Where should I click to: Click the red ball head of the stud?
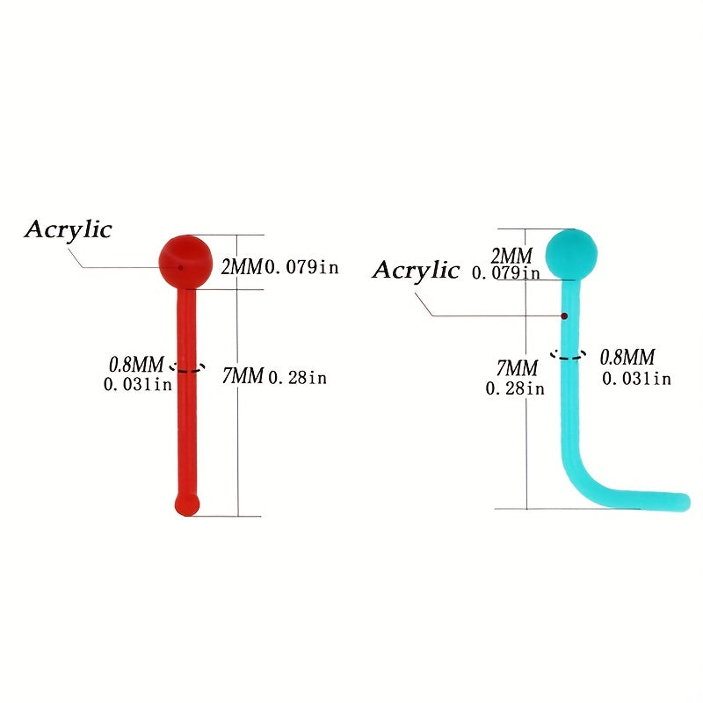(184, 259)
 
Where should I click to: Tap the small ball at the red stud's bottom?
(187, 504)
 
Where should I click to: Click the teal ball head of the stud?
(571, 252)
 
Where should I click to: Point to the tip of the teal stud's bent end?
(683, 502)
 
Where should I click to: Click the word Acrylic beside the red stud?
(69, 230)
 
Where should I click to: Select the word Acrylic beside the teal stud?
(416, 270)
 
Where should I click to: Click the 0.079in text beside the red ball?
(301, 267)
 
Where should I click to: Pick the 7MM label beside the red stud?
(243, 377)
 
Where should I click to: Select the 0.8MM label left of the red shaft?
(136, 363)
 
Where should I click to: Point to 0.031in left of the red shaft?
(138, 384)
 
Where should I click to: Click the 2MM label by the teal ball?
(511, 256)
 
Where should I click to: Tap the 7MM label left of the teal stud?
(517, 368)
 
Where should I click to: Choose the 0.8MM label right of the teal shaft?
(627, 358)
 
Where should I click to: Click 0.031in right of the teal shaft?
(636, 379)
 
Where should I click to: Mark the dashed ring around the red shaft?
(187, 368)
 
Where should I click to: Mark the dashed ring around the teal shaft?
(568, 355)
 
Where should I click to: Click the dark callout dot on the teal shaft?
(564, 315)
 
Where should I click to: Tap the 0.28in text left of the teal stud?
(514, 388)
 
